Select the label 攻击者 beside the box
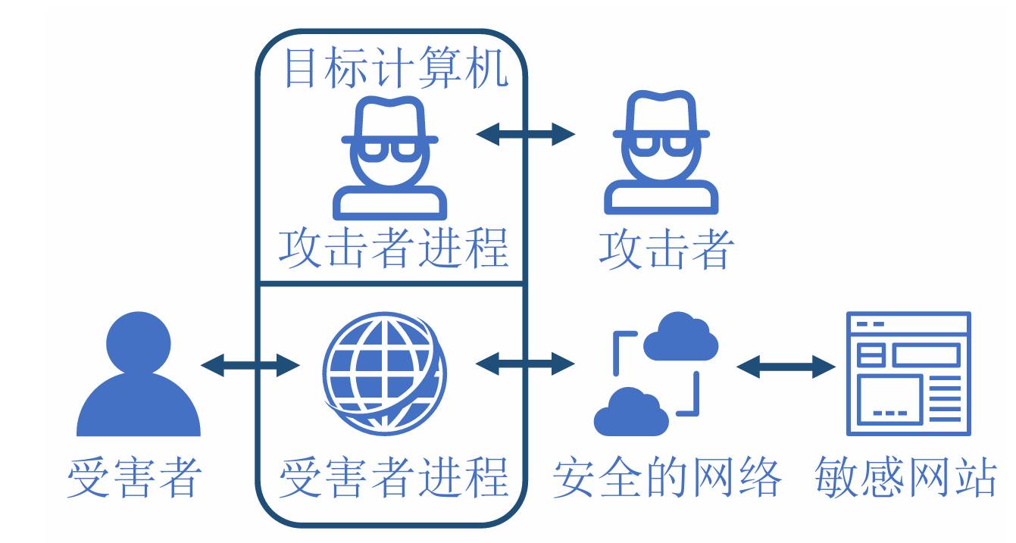666,248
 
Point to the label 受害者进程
392,477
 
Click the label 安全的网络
667,478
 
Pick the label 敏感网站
905,478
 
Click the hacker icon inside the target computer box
389,159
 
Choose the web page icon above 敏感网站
908,373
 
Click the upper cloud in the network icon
680,337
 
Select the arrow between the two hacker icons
526,134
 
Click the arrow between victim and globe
251,365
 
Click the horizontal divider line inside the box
391,283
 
